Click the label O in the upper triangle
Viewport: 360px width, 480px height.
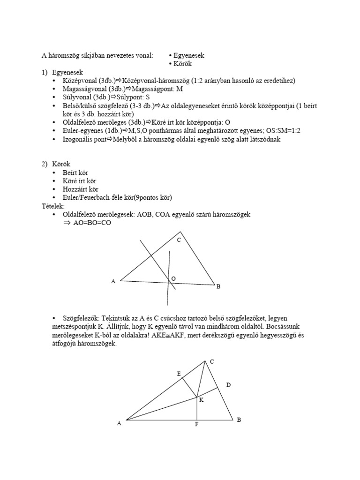tap(173, 278)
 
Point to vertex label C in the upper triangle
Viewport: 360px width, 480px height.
tap(179, 240)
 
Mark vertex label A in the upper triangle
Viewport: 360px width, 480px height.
tap(113, 281)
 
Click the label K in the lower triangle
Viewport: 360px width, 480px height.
tap(201, 400)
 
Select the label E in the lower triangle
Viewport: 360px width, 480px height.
tap(178, 374)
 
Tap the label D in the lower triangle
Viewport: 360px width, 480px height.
tap(228, 385)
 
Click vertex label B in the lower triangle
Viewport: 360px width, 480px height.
tap(239, 420)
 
